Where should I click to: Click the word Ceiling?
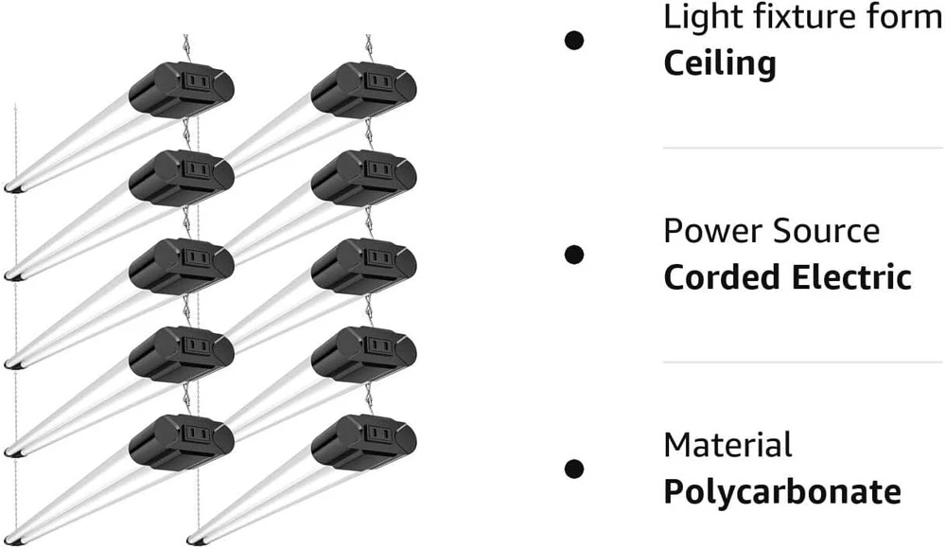(720, 63)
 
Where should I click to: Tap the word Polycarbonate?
(781, 492)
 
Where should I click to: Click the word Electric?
(855, 277)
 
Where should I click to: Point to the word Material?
(727, 445)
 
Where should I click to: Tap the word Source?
(822, 231)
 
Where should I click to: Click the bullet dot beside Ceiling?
(573, 40)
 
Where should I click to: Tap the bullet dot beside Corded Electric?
(573, 254)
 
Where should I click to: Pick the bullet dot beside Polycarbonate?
(573, 469)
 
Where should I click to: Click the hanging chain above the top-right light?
(369, 47)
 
